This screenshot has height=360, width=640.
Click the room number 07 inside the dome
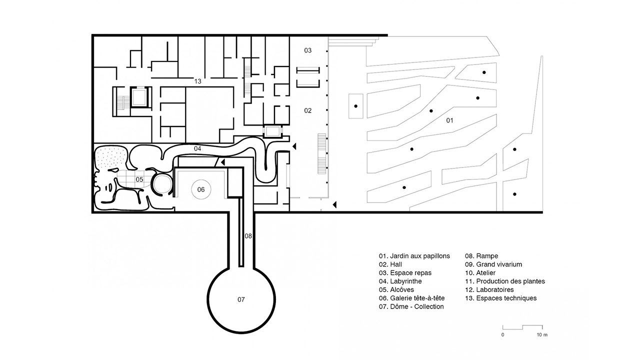click(241, 299)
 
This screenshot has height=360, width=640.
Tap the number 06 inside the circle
click(201, 189)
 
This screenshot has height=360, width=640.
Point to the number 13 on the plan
click(198, 81)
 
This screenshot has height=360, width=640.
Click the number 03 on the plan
click(308, 50)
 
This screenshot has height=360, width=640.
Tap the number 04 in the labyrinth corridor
click(197, 148)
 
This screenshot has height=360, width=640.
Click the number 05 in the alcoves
click(139, 179)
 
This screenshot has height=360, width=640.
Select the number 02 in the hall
click(308, 110)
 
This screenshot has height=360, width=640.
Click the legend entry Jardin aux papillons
click(414, 256)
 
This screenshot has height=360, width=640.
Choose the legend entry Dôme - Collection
click(411, 306)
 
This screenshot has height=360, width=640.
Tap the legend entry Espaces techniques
click(500, 298)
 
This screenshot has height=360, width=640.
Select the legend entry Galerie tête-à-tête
click(411, 298)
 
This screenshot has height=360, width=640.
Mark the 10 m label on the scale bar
click(542, 333)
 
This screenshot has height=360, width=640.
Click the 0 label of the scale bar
click(503, 333)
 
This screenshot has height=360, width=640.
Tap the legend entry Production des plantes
click(505, 281)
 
